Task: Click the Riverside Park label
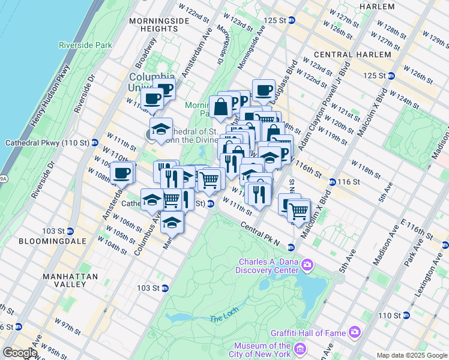tap(85, 44)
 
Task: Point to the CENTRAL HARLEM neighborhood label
tap(344, 55)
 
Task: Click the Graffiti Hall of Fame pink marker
tap(355, 331)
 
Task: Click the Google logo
tap(19, 353)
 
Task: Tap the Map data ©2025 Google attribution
tap(412, 355)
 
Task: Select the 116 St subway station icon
tap(332, 182)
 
